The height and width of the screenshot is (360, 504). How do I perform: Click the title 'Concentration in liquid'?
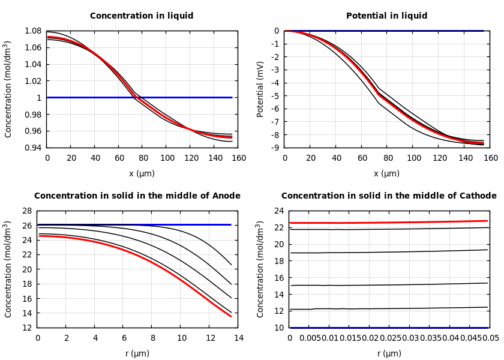point(142,16)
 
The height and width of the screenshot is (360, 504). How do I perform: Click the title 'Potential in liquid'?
point(386,16)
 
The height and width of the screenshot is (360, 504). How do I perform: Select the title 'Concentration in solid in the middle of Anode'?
point(137,196)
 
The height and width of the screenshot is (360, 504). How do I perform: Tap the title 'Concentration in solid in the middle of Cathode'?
point(389,196)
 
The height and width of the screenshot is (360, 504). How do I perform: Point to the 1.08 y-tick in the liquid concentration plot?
point(33,31)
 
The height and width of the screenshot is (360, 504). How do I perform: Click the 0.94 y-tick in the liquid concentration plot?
point(33,148)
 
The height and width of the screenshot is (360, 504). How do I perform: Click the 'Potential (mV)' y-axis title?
point(260,89)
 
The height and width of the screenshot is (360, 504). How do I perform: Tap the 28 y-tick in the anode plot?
point(26,211)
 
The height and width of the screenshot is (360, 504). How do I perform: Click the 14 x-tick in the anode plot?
point(238,338)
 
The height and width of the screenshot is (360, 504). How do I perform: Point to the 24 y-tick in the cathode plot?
point(278,211)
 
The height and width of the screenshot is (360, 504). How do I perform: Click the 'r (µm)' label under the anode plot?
point(137,353)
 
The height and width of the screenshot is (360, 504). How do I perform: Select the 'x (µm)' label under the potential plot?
point(386,173)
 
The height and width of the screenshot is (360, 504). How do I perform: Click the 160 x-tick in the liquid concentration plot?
point(238,158)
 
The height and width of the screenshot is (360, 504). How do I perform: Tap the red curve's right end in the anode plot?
point(230,316)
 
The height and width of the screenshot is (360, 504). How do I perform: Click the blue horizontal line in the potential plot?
point(384,31)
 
